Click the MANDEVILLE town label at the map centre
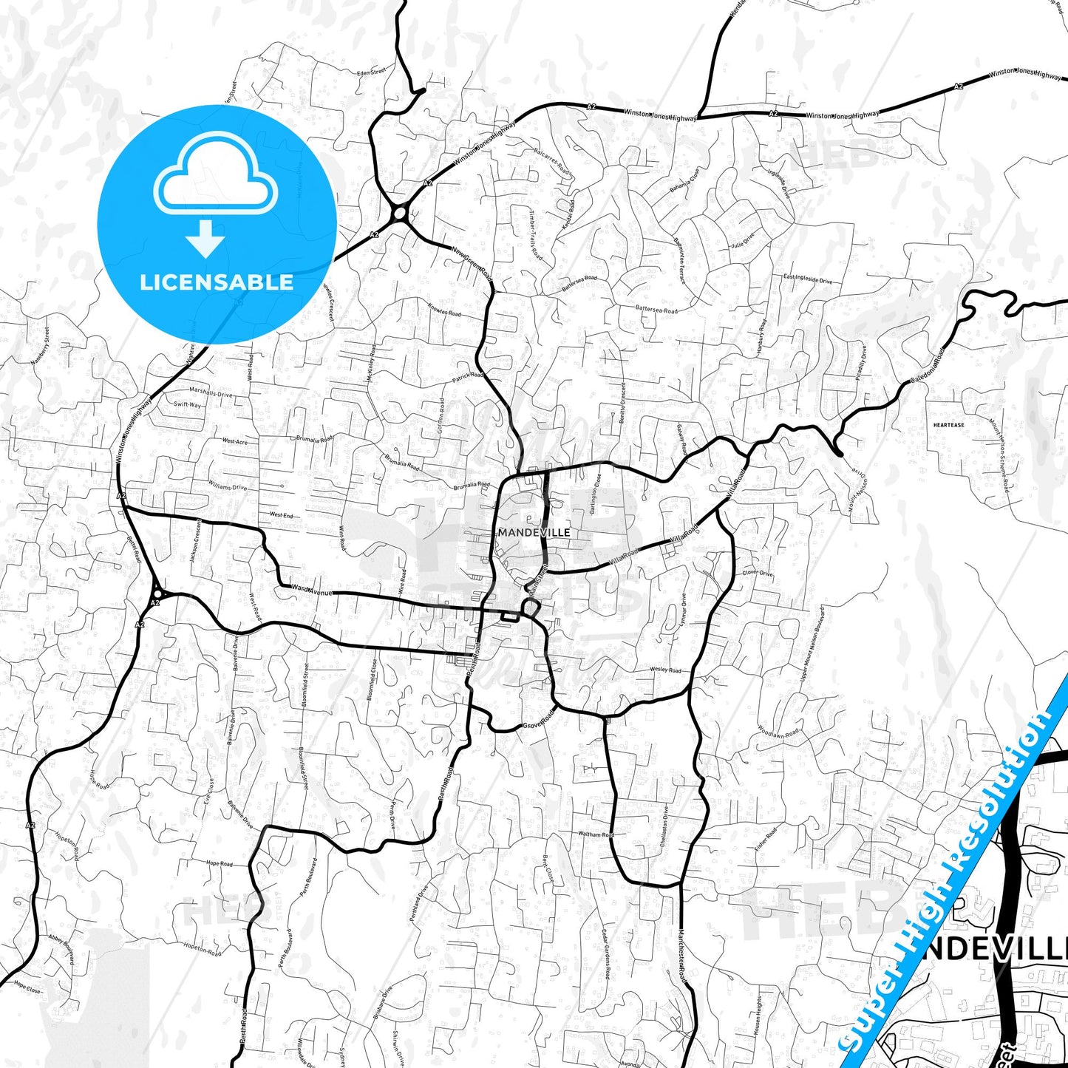[x=534, y=532]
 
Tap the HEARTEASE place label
[x=948, y=425]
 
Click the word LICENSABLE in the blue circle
[x=217, y=282]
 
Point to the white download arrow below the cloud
[x=205, y=239]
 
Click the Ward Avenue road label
[x=311, y=590]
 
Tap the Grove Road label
[x=538, y=720]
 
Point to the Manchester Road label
[x=683, y=956]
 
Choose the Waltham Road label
[x=596, y=834]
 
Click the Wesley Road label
[x=665, y=670]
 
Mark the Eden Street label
[x=371, y=72]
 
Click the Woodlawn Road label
[x=778, y=732]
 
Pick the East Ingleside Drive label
[x=807, y=279]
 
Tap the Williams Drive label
[x=227, y=487]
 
